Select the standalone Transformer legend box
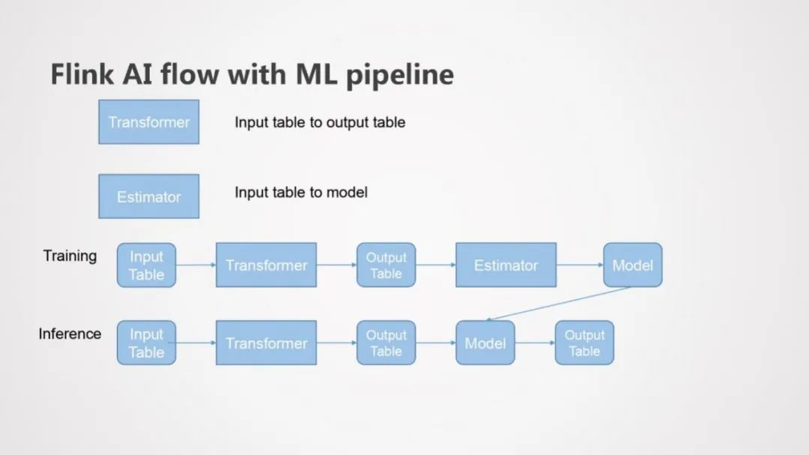coord(149,121)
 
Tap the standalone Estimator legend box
coord(149,196)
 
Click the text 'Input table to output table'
coord(320,122)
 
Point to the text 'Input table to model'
coord(301,193)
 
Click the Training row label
coord(70,256)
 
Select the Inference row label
coord(70,334)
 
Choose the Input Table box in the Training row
coord(146,265)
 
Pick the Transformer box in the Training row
coord(266,265)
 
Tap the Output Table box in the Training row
coord(386,265)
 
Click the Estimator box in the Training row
coord(506,265)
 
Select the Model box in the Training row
coord(632,265)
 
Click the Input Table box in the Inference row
coord(146,343)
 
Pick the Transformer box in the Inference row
coord(266,343)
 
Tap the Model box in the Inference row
coord(485,343)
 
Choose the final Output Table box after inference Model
coord(584,343)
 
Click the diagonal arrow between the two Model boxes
coord(558,304)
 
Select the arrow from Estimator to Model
coord(580,265)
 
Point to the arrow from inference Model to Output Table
coord(535,343)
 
